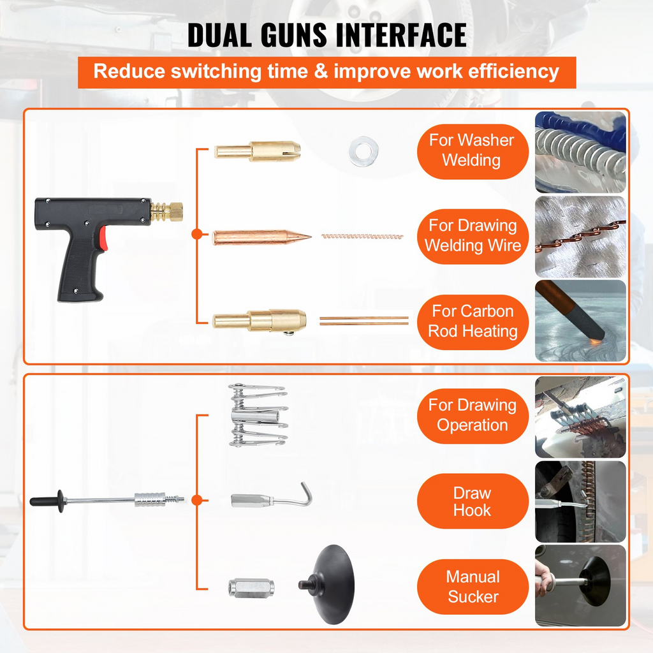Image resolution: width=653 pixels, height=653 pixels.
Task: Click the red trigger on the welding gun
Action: click(x=103, y=240)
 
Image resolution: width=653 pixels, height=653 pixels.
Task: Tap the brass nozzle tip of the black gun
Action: click(x=168, y=211)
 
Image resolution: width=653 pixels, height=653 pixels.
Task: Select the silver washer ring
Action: click(x=363, y=152)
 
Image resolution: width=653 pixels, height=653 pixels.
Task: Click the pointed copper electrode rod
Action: click(x=261, y=237)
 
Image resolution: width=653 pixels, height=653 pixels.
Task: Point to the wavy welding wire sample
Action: click(x=363, y=236)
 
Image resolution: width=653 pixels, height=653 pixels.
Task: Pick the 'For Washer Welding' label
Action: click(x=473, y=150)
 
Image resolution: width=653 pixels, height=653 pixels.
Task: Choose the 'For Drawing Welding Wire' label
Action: click(x=473, y=236)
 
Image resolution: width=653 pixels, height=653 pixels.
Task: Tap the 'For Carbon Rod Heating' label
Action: click(x=473, y=321)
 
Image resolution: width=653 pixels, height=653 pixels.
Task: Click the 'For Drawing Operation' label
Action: click(x=473, y=415)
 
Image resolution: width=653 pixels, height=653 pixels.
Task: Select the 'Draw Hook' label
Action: click(x=473, y=501)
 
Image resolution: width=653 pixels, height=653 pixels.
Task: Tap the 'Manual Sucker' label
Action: click(x=473, y=587)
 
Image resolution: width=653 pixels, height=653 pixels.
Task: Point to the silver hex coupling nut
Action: click(x=251, y=587)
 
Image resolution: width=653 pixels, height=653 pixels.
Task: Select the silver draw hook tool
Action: click(x=271, y=497)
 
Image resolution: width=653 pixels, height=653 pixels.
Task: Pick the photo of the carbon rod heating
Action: click(x=580, y=321)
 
